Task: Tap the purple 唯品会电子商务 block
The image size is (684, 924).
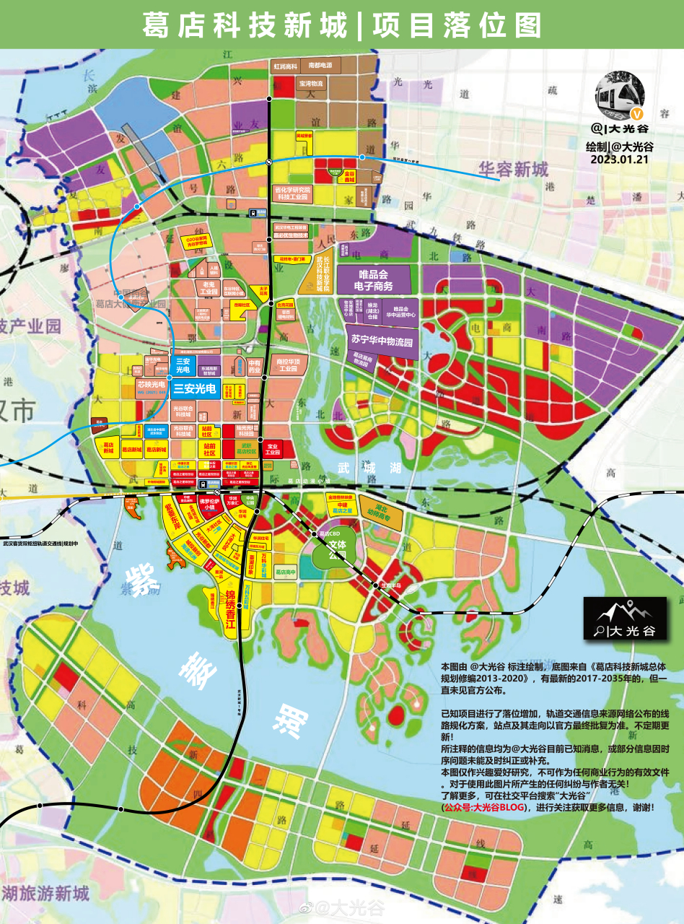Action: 384,280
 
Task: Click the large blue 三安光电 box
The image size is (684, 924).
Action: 195,389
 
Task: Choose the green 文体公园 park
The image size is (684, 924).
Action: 337,550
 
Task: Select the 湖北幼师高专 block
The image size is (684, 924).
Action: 381,509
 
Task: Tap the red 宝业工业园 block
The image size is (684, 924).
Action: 273,450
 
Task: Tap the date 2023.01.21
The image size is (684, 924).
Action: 618,160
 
